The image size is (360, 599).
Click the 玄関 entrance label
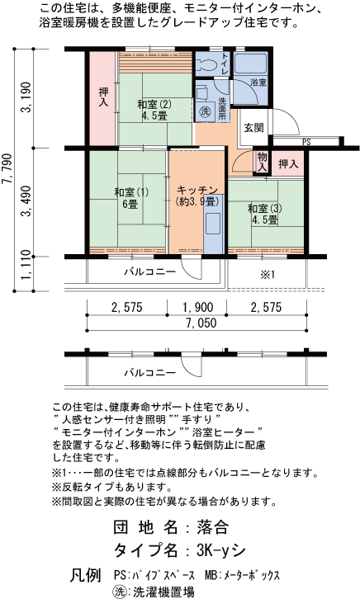[x=253, y=128]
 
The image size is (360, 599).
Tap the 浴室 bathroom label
[x=258, y=83]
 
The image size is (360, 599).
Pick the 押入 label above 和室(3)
[x=288, y=164]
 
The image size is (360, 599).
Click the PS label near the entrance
[x=306, y=142]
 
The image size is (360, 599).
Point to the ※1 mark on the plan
[x=268, y=274]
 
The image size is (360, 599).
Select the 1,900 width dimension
[x=198, y=307]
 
